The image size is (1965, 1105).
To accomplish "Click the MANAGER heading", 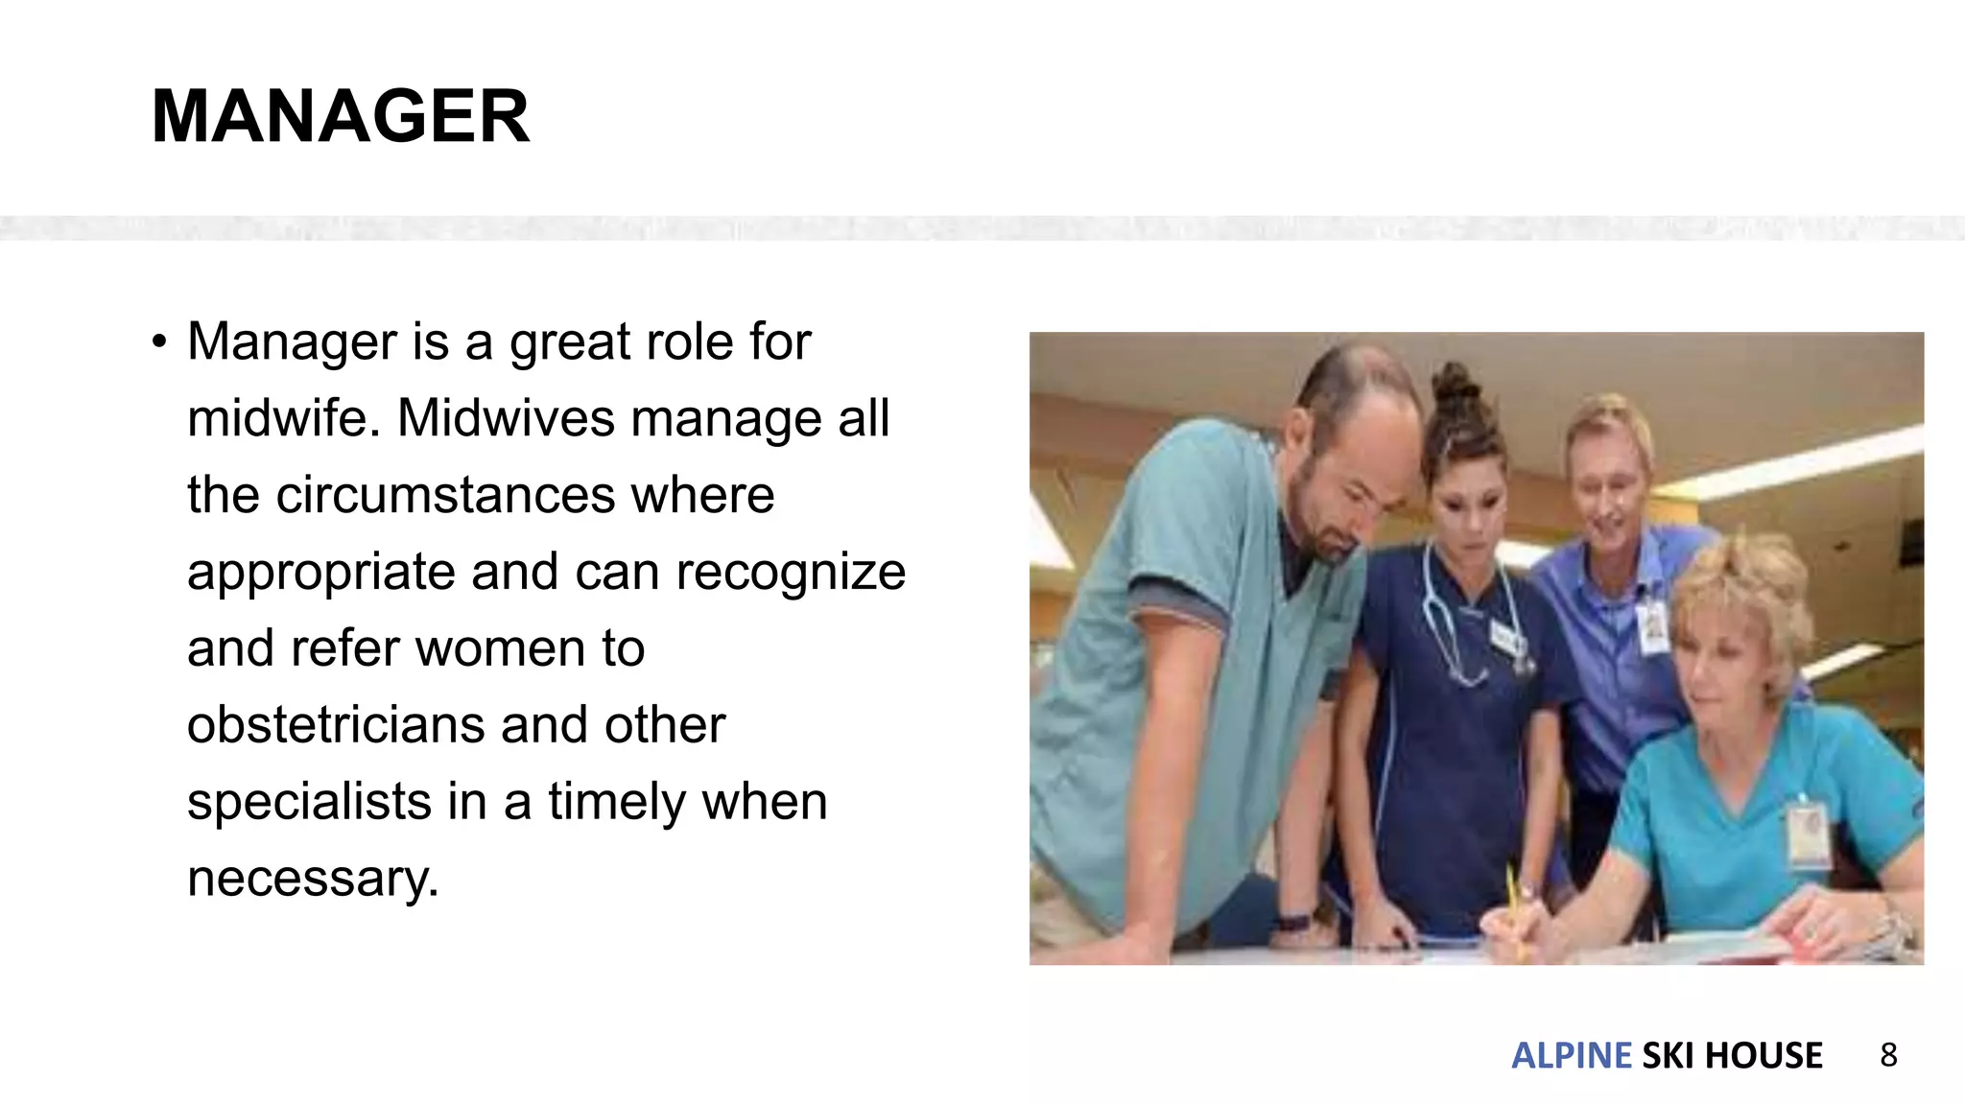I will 341,116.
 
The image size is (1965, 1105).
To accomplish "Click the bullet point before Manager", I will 159,342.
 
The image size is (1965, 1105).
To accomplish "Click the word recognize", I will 791,573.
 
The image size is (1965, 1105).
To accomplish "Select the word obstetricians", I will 334,725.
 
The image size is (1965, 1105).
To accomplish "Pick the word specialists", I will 309,802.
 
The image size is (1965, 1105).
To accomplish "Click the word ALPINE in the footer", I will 1571,1055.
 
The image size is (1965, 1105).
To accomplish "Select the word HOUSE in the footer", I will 1764,1055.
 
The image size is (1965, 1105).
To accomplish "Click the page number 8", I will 1888,1055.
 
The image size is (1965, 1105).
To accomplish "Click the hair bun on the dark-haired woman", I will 1456,388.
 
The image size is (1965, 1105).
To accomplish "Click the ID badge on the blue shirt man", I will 1652,628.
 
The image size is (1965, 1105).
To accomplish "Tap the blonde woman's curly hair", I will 1746,595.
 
